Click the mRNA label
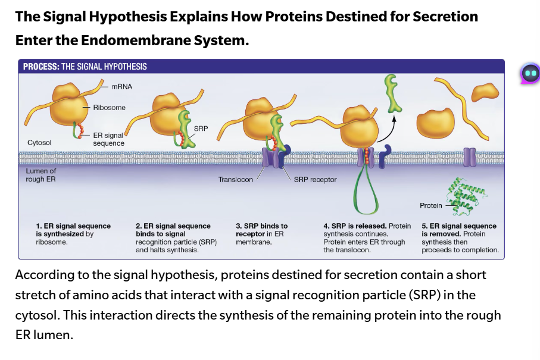pos(121,87)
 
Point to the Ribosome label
pos(110,108)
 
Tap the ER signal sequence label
pos(109,140)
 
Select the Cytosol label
pos(39,143)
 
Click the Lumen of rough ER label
pos(40,175)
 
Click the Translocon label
pos(235,179)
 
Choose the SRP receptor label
pos(315,179)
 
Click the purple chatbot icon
pos(529,73)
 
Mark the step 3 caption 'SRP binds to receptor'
pos(261,230)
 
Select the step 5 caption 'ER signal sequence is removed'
pos(459,230)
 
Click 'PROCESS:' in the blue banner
pos(41,67)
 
